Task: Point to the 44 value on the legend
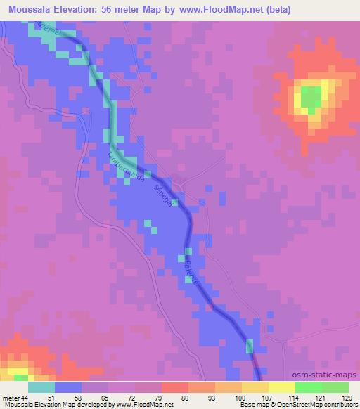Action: coord(25,397)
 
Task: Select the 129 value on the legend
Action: coord(347,397)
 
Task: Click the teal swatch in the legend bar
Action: coord(41,387)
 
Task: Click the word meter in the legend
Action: coord(10,397)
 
